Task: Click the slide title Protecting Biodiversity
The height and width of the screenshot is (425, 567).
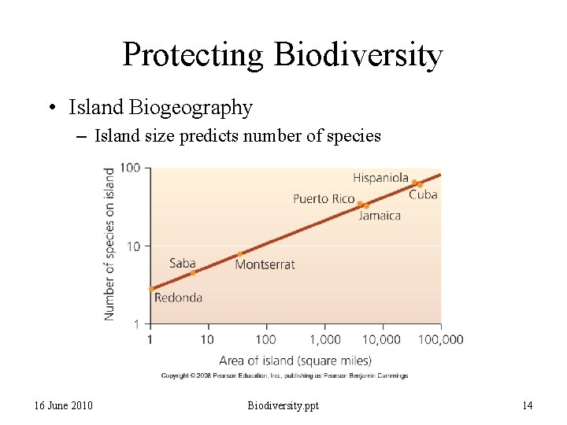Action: point(283,55)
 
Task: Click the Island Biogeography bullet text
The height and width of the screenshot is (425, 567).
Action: point(161,107)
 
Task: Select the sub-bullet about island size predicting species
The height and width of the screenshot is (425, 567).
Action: point(237,136)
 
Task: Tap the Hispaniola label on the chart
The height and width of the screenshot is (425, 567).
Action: point(380,178)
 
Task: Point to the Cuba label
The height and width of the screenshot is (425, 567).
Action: point(423,194)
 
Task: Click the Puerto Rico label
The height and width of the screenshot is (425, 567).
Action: point(324,198)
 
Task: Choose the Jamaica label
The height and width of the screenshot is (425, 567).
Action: point(380,215)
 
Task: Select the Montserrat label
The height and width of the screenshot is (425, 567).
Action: point(265,264)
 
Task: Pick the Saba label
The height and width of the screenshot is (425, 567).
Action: point(182,263)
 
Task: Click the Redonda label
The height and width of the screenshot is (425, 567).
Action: point(178,297)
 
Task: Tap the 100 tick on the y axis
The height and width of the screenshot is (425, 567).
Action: point(130,168)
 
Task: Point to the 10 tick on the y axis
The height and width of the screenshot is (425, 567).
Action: point(133,246)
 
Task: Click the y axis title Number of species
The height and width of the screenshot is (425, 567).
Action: point(109,246)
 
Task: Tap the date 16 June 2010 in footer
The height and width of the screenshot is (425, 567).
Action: point(64,405)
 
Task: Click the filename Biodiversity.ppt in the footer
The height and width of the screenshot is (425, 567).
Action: point(283,405)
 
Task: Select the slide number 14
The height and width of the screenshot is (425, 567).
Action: point(527,405)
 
